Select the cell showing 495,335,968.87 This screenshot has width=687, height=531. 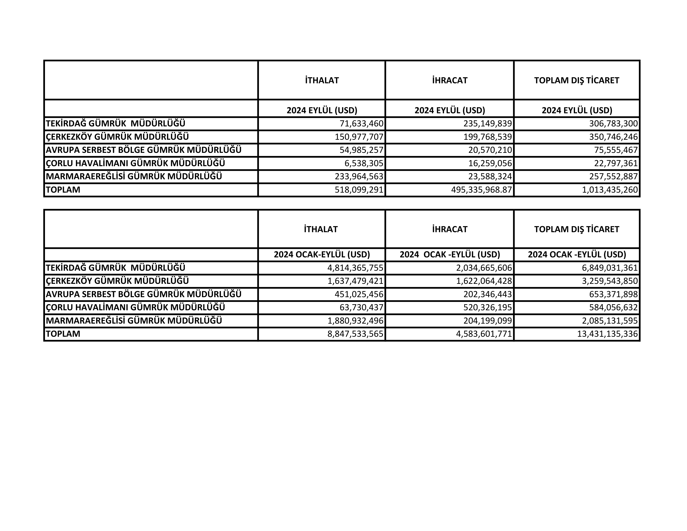tap(482, 190)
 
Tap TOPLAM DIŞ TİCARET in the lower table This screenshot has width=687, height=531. tap(577, 229)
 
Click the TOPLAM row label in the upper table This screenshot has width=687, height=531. tap(63, 190)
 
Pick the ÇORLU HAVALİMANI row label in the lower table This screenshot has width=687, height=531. tap(135, 307)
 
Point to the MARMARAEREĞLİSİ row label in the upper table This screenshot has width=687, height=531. tap(134, 176)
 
